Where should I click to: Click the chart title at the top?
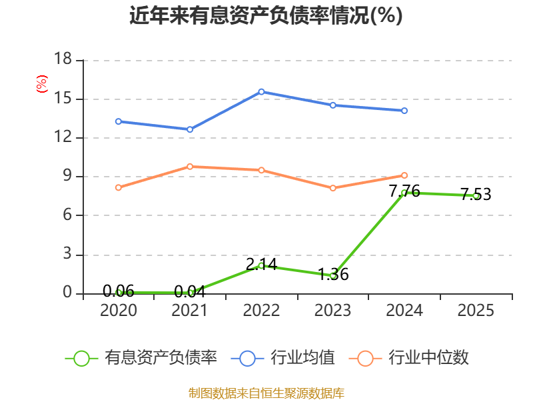pos(266,15)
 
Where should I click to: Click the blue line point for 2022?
pos(261,92)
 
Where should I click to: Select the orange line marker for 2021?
pos(190,167)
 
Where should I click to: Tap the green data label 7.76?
pos(404,191)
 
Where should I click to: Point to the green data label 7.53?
pos(476,194)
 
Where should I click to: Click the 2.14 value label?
pos(261,264)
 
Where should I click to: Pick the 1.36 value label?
pos(333,274)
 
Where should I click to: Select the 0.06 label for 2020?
pos(119,291)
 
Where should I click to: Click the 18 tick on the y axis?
pos(63,59)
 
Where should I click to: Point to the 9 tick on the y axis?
pos(67,175)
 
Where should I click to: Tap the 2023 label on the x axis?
pos(332,310)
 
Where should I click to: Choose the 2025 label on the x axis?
pos(476,310)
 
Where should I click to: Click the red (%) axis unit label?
pos(42,84)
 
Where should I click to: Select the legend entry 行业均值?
pos(282,358)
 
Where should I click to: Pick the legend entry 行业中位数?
pos(408,358)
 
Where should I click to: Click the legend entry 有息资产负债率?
pos(141,358)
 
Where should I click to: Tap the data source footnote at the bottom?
pos(266,393)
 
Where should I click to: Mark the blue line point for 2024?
pos(404,111)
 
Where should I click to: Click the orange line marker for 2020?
pos(119,188)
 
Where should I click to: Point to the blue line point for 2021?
pos(190,129)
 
